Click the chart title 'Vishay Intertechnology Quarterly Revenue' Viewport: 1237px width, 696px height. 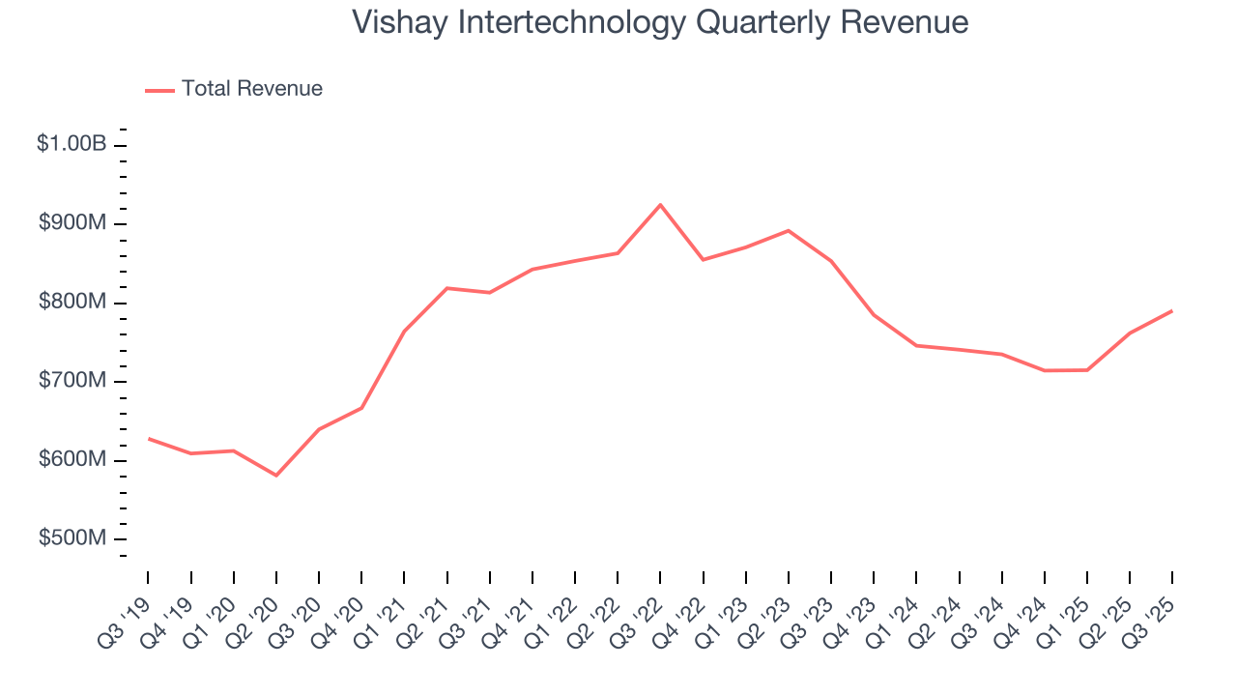660,22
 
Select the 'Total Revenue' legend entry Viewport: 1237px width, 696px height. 251,89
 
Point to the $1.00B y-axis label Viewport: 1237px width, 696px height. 72,144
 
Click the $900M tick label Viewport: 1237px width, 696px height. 72,223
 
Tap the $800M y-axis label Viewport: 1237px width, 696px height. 72,303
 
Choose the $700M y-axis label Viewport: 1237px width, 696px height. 72,381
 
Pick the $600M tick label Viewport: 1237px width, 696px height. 72,460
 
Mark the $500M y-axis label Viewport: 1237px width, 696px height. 72,538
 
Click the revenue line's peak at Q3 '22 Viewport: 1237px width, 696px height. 660,205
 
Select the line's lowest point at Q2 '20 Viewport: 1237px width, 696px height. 276,475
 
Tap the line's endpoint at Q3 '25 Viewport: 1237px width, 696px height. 1172,311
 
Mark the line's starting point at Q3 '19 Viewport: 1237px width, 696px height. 148,439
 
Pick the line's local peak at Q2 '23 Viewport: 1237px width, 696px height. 789,230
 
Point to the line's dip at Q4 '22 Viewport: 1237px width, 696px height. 703,259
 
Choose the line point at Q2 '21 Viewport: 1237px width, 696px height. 447,288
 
